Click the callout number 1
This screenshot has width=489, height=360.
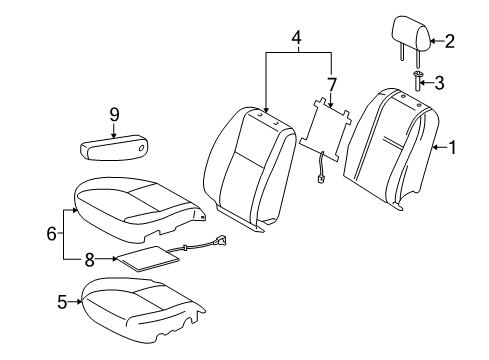pyautogui.click(x=455, y=149)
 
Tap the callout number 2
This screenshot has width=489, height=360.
pyautogui.click(x=449, y=41)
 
